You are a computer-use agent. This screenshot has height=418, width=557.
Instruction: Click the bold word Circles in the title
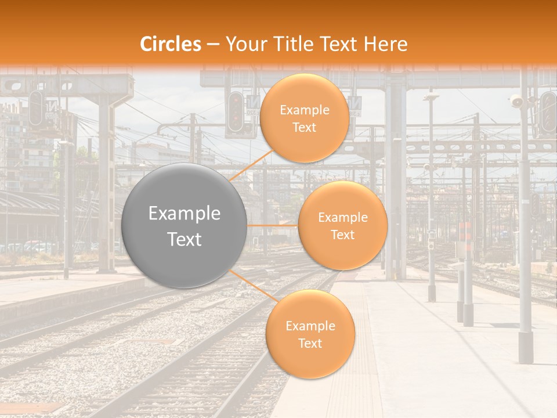pyautogui.click(x=171, y=44)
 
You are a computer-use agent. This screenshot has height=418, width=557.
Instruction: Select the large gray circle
pyautogui.click(x=185, y=226)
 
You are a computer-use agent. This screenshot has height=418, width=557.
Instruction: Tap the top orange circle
pyautogui.click(x=304, y=118)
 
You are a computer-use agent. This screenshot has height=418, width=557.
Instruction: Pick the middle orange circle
pyautogui.click(x=342, y=226)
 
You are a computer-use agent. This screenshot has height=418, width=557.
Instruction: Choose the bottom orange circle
pyautogui.click(x=310, y=334)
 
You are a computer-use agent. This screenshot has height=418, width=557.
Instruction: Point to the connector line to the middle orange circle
pyautogui.click(x=273, y=225)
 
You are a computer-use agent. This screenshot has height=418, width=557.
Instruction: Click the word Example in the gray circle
pyautogui.click(x=185, y=214)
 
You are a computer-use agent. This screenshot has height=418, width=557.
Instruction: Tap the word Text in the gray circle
pyautogui.click(x=185, y=239)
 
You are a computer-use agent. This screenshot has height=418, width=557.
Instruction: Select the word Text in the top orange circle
pyautogui.click(x=304, y=128)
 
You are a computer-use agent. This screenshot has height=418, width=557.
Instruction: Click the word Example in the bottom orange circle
pyautogui.click(x=310, y=326)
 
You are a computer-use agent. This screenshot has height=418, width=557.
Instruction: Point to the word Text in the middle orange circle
pyautogui.click(x=342, y=235)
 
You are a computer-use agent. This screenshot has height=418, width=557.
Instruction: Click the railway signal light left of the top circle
pyautogui.click(x=236, y=112)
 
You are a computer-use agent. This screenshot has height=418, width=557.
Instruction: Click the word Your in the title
pyautogui.click(x=244, y=44)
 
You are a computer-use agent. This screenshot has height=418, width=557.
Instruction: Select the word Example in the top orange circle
pyautogui.click(x=304, y=110)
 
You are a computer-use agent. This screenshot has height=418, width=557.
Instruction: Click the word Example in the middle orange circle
pyautogui.click(x=342, y=218)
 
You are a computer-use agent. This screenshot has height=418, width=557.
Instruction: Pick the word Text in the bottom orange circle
pyautogui.click(x=310, y=344)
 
